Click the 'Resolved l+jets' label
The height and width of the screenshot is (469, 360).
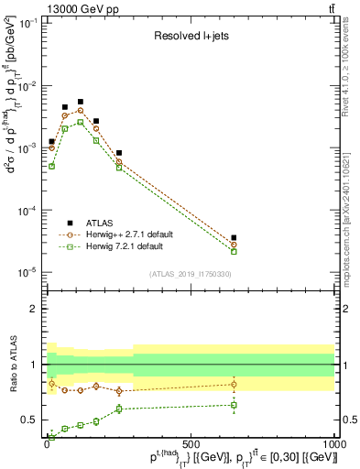(190, 37)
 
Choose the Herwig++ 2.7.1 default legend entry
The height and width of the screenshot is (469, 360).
(132, 234)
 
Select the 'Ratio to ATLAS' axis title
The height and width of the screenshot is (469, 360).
(15, 365)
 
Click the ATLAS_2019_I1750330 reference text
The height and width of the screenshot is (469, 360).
(190, 274)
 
